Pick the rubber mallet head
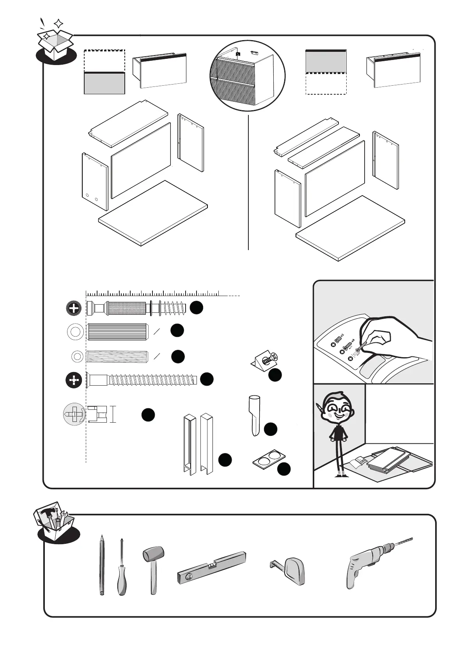pos(154,554)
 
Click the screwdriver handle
pos(122,584)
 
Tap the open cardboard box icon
pos(55,41)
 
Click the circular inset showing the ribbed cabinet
pos(248,76)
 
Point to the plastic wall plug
pos(254,415)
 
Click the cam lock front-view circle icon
pos(74,414)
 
